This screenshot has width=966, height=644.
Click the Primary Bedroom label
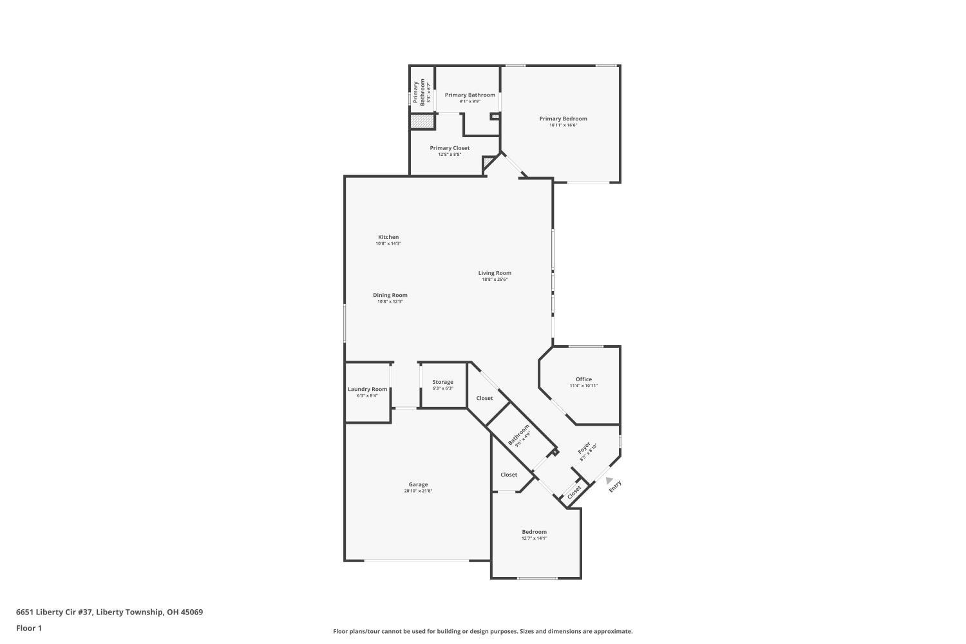563,118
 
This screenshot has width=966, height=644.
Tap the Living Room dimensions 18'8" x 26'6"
495,279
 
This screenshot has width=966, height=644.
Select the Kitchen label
388,237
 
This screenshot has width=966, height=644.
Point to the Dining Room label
390,295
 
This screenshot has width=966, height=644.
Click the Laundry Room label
367,389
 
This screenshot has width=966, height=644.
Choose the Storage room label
442,382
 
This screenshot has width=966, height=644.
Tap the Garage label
418,484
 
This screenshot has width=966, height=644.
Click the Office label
583,379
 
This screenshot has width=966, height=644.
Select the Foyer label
584,448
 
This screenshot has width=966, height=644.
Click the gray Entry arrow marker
609,480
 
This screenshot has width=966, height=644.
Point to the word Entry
615,487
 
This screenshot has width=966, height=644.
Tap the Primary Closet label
450,148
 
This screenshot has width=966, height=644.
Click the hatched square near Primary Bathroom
422,121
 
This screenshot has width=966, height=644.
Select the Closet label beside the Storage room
484,398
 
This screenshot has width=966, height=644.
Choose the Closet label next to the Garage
509,475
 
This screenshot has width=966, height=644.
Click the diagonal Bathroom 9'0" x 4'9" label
519,435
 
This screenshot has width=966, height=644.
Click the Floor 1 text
29,628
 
